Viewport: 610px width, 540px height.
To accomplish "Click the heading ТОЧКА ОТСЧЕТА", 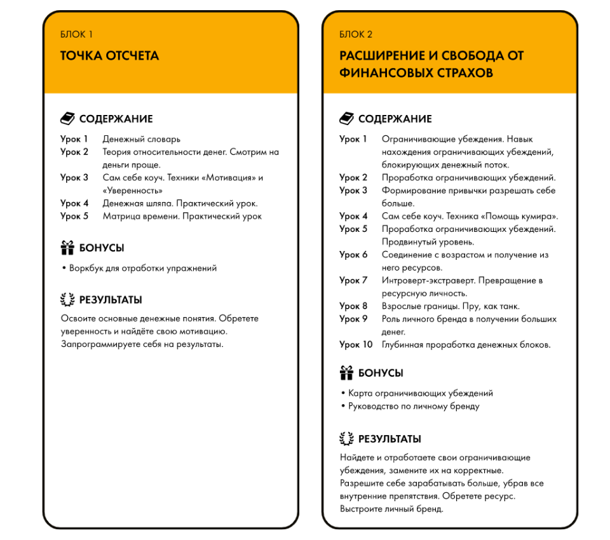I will click(109, 56).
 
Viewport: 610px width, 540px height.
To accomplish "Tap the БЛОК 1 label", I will click(77, 34).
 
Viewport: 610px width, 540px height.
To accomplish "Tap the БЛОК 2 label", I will click(356, 34).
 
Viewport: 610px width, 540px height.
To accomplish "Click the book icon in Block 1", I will click(67, 119).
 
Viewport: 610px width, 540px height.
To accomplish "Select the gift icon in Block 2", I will click(346, 373).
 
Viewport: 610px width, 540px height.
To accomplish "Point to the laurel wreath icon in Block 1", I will click(67, 300).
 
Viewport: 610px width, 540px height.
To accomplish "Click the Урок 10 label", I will click(356, 345).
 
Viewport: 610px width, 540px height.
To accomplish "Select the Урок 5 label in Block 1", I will click(74, 216).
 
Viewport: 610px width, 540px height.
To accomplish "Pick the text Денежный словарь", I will click(141, 138).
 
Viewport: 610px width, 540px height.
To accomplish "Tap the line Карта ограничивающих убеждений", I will click(420, 393).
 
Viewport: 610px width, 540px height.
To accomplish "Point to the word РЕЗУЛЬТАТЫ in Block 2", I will click(390, 439).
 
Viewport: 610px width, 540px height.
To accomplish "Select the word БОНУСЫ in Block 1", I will click(102, 248).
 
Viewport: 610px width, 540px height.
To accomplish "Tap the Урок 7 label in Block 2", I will click(353, 280).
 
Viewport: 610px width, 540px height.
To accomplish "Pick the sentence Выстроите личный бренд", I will click(391, 509).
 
